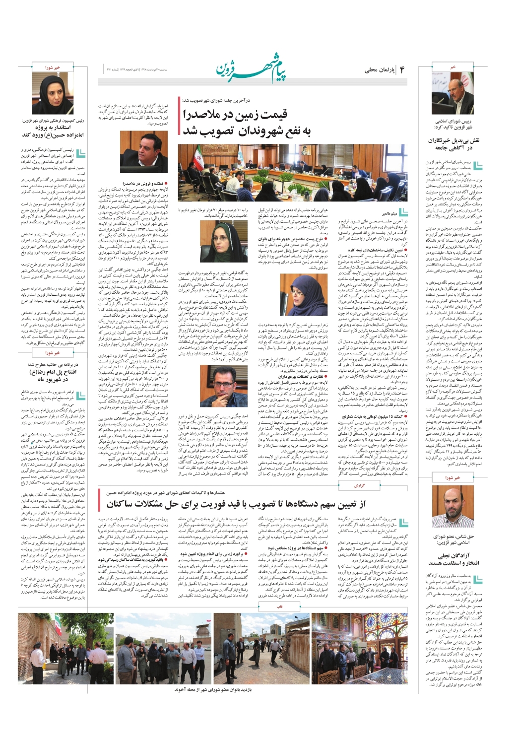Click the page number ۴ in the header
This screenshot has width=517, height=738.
click(402, 69)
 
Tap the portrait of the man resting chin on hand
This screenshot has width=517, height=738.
click(216, 387)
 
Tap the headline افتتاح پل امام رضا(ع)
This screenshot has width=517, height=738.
click(53, 376)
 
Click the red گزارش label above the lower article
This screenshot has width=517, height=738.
click(359, 485)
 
